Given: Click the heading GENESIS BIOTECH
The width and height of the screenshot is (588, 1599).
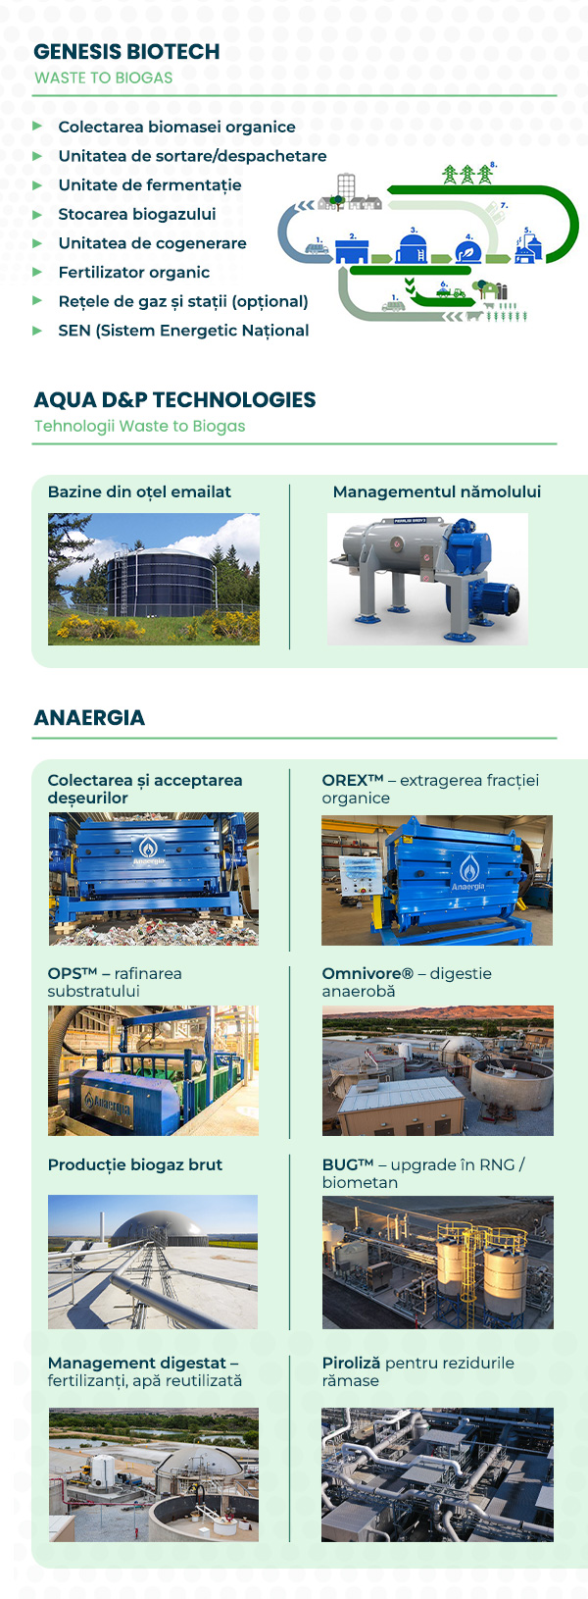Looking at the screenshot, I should [x=126, y=52].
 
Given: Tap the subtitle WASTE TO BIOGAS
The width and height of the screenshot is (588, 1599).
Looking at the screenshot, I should [x=103, y=78].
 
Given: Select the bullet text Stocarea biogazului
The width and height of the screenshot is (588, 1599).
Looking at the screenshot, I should [x=136, y=214].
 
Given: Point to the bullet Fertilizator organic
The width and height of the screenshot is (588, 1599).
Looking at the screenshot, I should [x=133, y=273].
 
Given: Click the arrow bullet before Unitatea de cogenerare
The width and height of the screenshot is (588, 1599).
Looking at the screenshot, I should [x=37, y=243].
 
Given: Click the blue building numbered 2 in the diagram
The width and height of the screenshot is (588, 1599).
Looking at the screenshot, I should [x=351, y=251].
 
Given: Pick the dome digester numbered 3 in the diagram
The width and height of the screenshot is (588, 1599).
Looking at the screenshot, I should [x=413, y=248].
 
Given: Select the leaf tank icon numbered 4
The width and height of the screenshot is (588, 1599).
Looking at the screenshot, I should [x=469, y=252].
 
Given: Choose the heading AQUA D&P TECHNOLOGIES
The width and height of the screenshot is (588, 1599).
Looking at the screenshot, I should [x=174, y=400].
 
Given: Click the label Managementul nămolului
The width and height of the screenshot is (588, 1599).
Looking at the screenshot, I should [x=436, y=492].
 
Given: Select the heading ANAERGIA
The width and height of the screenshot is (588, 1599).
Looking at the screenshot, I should [x=89, y=718].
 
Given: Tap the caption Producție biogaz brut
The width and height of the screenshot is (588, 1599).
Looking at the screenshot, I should [x=135, y=1165].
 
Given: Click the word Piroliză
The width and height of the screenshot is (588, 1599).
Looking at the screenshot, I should [x=352, y=1364].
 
